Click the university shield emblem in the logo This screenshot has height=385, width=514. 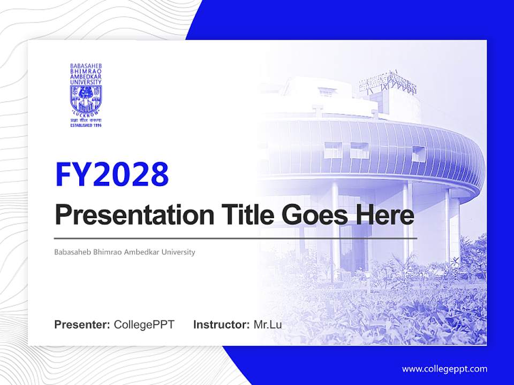point(86,98)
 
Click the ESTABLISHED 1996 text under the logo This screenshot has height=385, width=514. point(86,125)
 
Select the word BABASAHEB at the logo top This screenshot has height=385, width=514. point(86,65)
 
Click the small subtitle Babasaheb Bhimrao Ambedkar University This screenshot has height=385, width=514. point(125,252)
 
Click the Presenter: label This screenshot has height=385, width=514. point(82,325)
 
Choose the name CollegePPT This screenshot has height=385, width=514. point(144,325)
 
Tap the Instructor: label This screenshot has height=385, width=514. point(221,325)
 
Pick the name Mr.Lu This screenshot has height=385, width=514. point(268,325)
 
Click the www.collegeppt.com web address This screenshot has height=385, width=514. point(444,369)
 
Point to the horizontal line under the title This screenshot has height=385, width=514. point(236,238)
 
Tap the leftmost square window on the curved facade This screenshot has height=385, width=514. point(332,150)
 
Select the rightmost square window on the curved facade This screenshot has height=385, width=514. point(418,153)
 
